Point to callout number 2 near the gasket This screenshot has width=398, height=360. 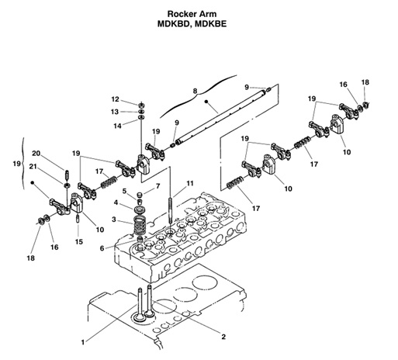223,336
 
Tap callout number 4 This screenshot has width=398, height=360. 116,203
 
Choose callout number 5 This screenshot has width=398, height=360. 123,190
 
